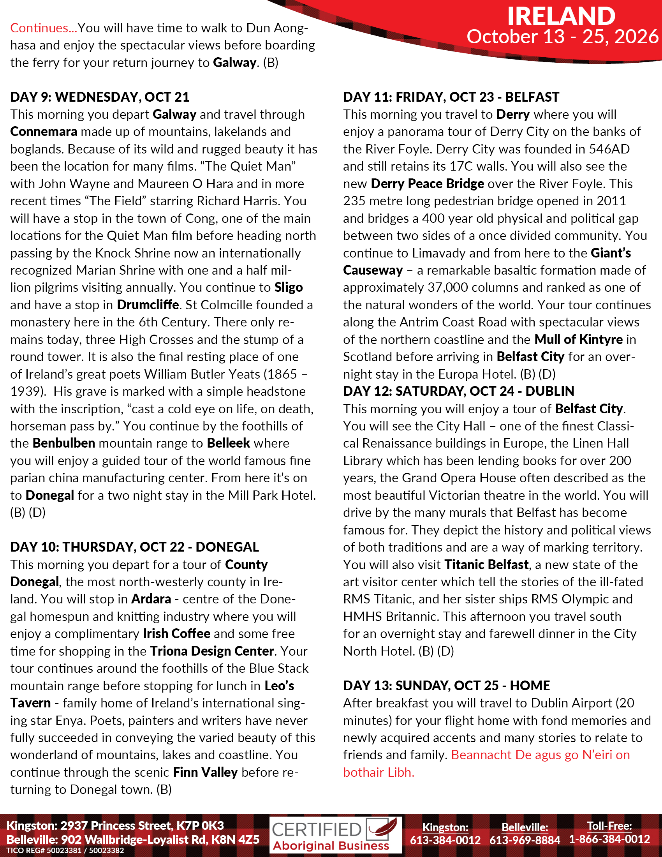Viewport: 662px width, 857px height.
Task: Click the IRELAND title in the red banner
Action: [561, 16]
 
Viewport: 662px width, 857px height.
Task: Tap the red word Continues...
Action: [40, 28]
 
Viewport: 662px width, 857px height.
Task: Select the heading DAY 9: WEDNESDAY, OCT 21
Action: [100, 97]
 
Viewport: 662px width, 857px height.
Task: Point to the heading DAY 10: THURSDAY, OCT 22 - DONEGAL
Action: [134, 547]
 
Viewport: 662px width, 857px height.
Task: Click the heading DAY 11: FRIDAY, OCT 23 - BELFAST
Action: [451, 97]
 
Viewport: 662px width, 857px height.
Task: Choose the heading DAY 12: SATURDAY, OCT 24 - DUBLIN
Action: [458, 391]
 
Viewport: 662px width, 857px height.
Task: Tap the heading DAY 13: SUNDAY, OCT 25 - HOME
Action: [446, 685]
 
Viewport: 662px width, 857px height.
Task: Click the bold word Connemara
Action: [44, 131]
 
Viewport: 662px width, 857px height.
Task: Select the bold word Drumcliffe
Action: [148, 305]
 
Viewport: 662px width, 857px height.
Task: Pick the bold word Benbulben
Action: [63, 443]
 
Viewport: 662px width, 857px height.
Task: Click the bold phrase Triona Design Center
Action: [212, 651]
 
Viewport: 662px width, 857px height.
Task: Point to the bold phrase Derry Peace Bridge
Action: [427, 183]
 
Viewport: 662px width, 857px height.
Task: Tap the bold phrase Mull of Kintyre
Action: [578, 339]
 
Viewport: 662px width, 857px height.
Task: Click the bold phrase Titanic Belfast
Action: [486, 565]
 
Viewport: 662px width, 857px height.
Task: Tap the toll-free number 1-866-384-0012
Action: [609, 839]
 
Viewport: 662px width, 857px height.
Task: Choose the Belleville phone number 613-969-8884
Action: [525, 840]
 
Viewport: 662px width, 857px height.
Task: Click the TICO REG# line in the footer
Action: [65, 850]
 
